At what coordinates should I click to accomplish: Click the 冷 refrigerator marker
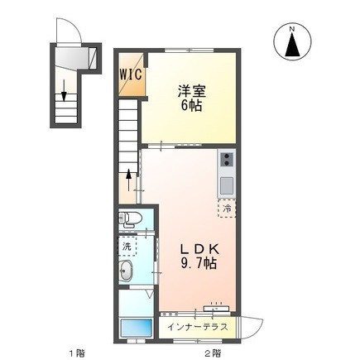pyautogui.click(x=226, y=209)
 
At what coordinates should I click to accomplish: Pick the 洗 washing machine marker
pyautogui.click(x=127, y=246)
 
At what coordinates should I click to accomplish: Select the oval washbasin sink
pyautogui.click(x=127, y=272)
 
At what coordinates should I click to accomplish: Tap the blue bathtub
pyautogui.click(x=132, y=328)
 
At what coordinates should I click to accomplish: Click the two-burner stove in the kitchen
pyautogui.click(x=226, y=159)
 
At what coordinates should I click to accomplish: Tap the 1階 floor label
pyautogui.click(x=75, y=353)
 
